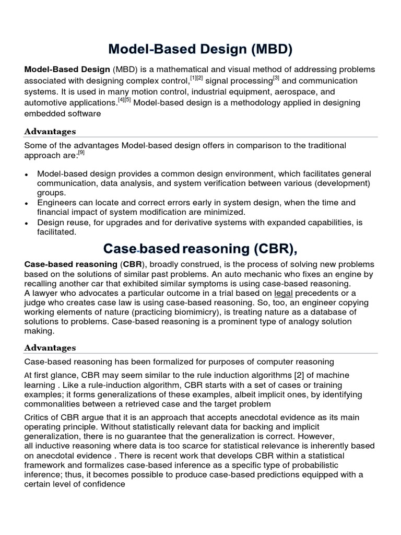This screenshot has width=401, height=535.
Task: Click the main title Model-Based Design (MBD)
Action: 200,50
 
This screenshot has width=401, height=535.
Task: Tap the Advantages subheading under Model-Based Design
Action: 50,131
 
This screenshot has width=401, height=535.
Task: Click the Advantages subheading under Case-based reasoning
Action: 50,347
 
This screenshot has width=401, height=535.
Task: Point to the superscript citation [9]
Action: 81,153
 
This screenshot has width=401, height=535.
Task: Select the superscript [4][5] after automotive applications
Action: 124,100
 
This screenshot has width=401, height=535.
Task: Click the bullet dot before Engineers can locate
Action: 27,203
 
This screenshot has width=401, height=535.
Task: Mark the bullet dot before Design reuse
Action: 27,223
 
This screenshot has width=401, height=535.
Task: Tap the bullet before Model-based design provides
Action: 27,175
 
